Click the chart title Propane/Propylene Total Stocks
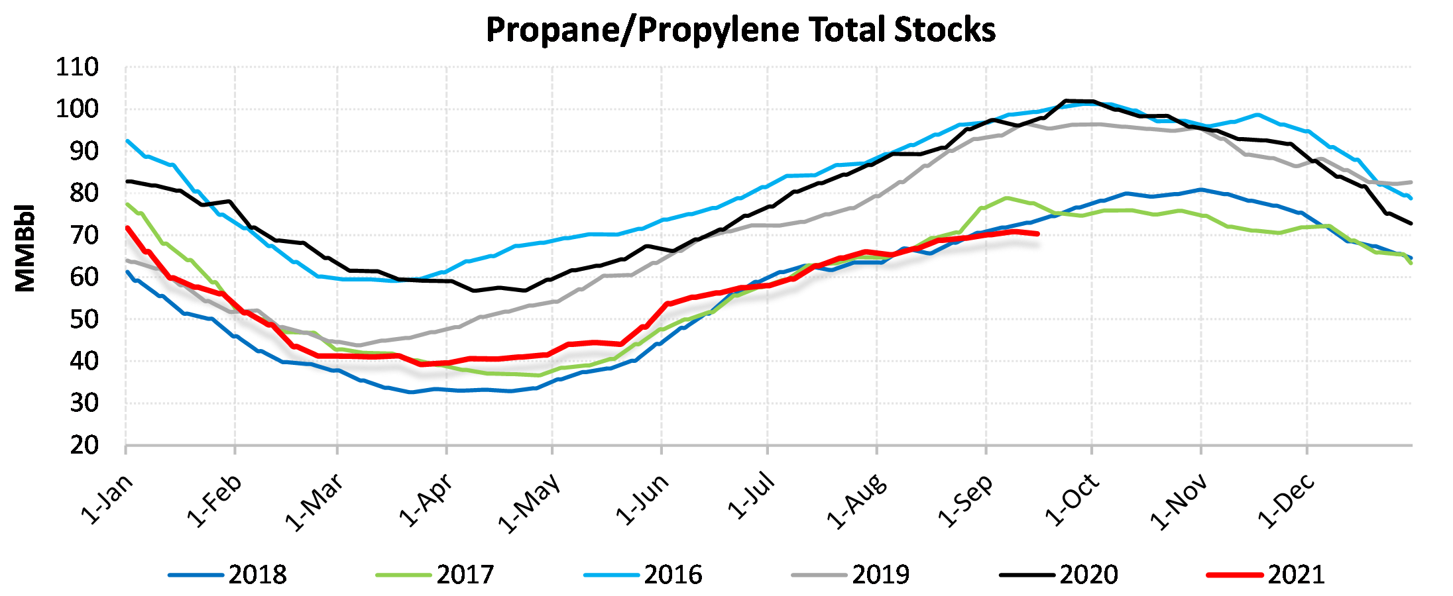point(740,30)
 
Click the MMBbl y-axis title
point(25,248)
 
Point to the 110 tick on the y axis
point(77,67)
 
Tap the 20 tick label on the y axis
point(84,445)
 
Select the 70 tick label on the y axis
point(84,235)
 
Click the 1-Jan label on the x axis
point(107,500)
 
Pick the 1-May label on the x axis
point(530,503)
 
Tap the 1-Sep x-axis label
point(966,501)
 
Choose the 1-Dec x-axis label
point(1286,502)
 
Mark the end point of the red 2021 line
point(1037,234)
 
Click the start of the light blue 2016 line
point(127,140)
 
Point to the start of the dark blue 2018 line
point(127,271)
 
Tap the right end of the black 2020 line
point(1411,223)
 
